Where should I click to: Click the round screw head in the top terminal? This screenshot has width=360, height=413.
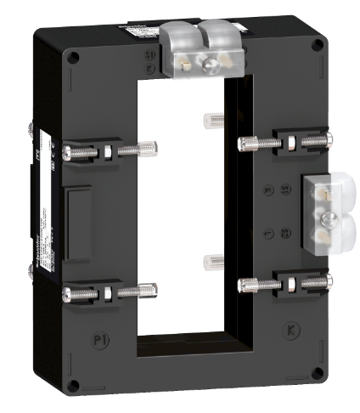(206, 61)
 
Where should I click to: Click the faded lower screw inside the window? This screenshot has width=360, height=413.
(208, 260)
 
